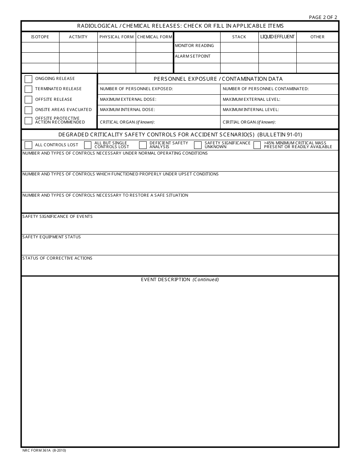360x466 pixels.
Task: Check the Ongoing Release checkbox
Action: [28, 79]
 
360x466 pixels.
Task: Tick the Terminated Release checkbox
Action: [28, 89]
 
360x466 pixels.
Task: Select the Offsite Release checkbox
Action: [28, 100]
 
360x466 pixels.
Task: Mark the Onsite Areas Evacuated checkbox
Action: [28, 110]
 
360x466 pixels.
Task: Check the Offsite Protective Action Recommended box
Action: [28, 121]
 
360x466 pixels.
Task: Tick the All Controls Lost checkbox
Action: [28, 145]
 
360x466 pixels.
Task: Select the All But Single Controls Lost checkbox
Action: [88, 145]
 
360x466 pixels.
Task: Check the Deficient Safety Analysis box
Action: [143, 145]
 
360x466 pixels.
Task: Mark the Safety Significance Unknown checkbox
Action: [198, 145]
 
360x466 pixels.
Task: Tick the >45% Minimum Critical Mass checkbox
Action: [257, 145]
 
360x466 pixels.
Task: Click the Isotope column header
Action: [40, 37]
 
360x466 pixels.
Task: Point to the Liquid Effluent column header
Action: [277, 37]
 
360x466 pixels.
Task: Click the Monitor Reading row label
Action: [194, 46]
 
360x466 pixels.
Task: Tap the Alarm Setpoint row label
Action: [193, 56]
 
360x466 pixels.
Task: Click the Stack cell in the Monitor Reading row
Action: [239, 47]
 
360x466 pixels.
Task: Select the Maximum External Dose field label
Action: [128, 99]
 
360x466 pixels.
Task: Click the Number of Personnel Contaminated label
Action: [266, 89]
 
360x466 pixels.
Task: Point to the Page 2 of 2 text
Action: [323, 17]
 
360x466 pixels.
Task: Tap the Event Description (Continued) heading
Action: [180, 280]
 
